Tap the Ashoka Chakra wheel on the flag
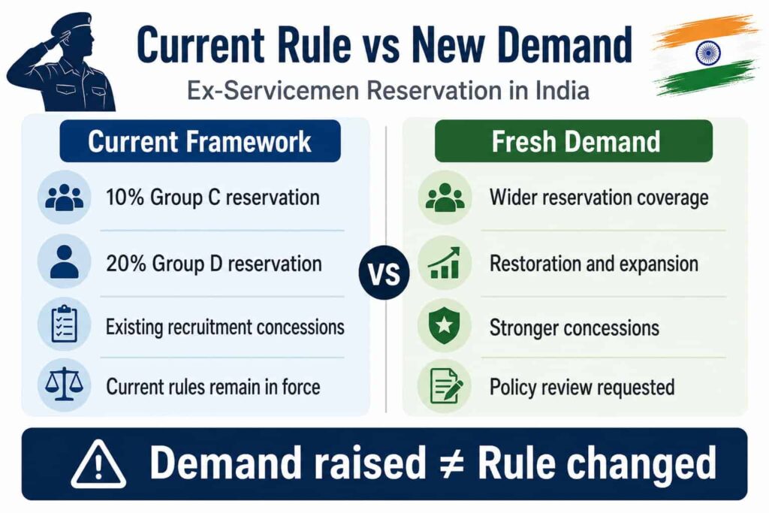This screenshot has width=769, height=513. [x=707, y=52]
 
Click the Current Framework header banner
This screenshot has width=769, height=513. [x=200, y=141]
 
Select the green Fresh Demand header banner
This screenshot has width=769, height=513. [x=573, y=141]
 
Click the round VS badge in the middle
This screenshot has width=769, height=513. [x=384, y=273]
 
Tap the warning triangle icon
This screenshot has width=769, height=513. [x=98, y=464]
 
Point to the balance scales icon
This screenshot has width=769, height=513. [x=65, y=385]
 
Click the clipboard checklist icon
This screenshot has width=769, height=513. [x=65, y=324]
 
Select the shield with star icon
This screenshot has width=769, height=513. [x=444, y=326]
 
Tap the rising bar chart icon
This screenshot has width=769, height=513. [x=444, y=263]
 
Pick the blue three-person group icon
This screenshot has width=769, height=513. [x=65, y=198]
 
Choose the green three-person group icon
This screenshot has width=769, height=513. [x=445, y=198]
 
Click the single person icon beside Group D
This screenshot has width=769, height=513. [x=65, y=262]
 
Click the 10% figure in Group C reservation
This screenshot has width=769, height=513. [x=125, y=197]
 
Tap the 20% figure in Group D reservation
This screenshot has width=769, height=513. [x=126, y=264]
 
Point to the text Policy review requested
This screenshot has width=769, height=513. [x=582, y=387]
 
